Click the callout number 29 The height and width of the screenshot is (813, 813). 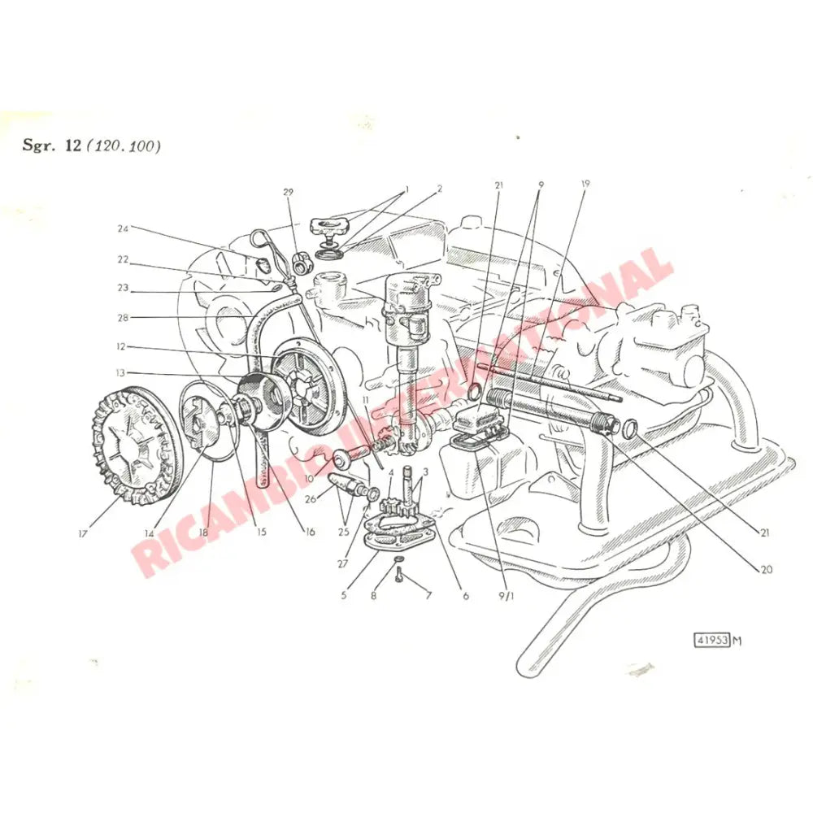[288, 192]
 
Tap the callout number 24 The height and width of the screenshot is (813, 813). [123, 228]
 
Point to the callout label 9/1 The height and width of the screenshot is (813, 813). [507, 594]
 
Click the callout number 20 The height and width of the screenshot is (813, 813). [766, 569]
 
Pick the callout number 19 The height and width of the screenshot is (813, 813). [585, 185]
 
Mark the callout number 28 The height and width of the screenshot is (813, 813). [123, 316]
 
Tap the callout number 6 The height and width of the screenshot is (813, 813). [466, 595]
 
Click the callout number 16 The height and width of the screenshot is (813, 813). [310, 532]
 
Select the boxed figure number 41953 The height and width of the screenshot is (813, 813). [711, 639]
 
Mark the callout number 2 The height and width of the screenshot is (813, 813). [439, 189]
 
